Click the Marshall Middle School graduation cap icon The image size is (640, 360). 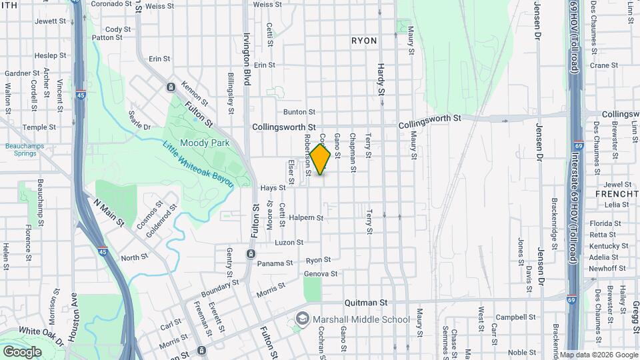click(x=303, y=319)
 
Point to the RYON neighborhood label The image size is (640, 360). click(x=364, y=41)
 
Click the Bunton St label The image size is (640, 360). click(x=299, y=112)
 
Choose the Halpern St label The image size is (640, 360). click(x=306, y=217)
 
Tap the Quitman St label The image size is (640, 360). click(x=366, y=302)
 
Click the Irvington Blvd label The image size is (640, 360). click(x=246, y=59)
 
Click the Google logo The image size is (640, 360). click(x=22, y=351)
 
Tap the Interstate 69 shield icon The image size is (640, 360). click(x=572, y=300)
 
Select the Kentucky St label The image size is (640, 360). click(x=604, y=246)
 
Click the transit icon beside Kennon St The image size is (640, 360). click(x=171, y=87)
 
